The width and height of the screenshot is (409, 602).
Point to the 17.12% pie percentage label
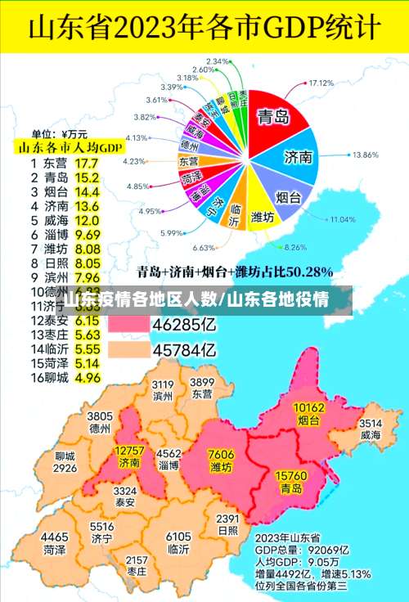click(322, 83)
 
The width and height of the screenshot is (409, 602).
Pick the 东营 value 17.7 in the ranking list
click(86, 162)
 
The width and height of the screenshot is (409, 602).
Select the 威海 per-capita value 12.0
click(87, 220)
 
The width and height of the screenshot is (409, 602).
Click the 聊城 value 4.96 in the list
click(87, 378)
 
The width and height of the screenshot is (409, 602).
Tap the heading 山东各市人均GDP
click(70, 147)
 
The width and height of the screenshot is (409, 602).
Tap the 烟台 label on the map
click(308, 421)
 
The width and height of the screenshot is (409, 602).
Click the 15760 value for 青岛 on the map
click(291, 475)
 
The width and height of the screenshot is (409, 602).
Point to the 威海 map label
click(371, 435)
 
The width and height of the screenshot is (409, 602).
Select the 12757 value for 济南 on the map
click(129, 451)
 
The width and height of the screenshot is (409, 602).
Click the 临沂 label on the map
click(178, 550)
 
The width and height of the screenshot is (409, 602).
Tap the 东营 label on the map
click(202, 393)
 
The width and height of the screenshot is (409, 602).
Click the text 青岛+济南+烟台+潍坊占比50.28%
click(234, 271)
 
